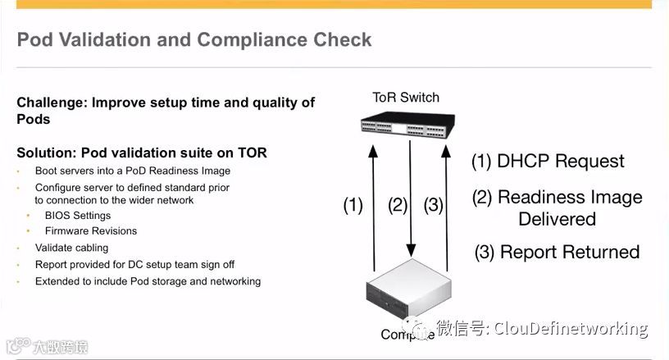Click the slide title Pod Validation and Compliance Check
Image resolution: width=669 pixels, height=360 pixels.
[194, 39]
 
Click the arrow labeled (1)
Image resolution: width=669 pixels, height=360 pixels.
[374, 205]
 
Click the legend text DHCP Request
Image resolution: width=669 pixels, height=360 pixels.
[548, 161]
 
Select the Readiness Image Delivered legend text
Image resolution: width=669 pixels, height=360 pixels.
[557, 207]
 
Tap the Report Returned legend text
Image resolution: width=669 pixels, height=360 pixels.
[557, 251]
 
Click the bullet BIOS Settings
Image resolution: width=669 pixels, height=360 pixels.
[78, 216]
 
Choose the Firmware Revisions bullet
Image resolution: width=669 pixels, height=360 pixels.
[91, 231]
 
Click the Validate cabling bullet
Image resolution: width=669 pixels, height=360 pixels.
[71, 248]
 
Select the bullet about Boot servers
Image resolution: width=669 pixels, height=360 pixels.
[132, 171]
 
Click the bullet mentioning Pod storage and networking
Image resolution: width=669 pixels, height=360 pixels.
[148, 281]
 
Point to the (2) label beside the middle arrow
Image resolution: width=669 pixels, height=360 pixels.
[398, 205]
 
